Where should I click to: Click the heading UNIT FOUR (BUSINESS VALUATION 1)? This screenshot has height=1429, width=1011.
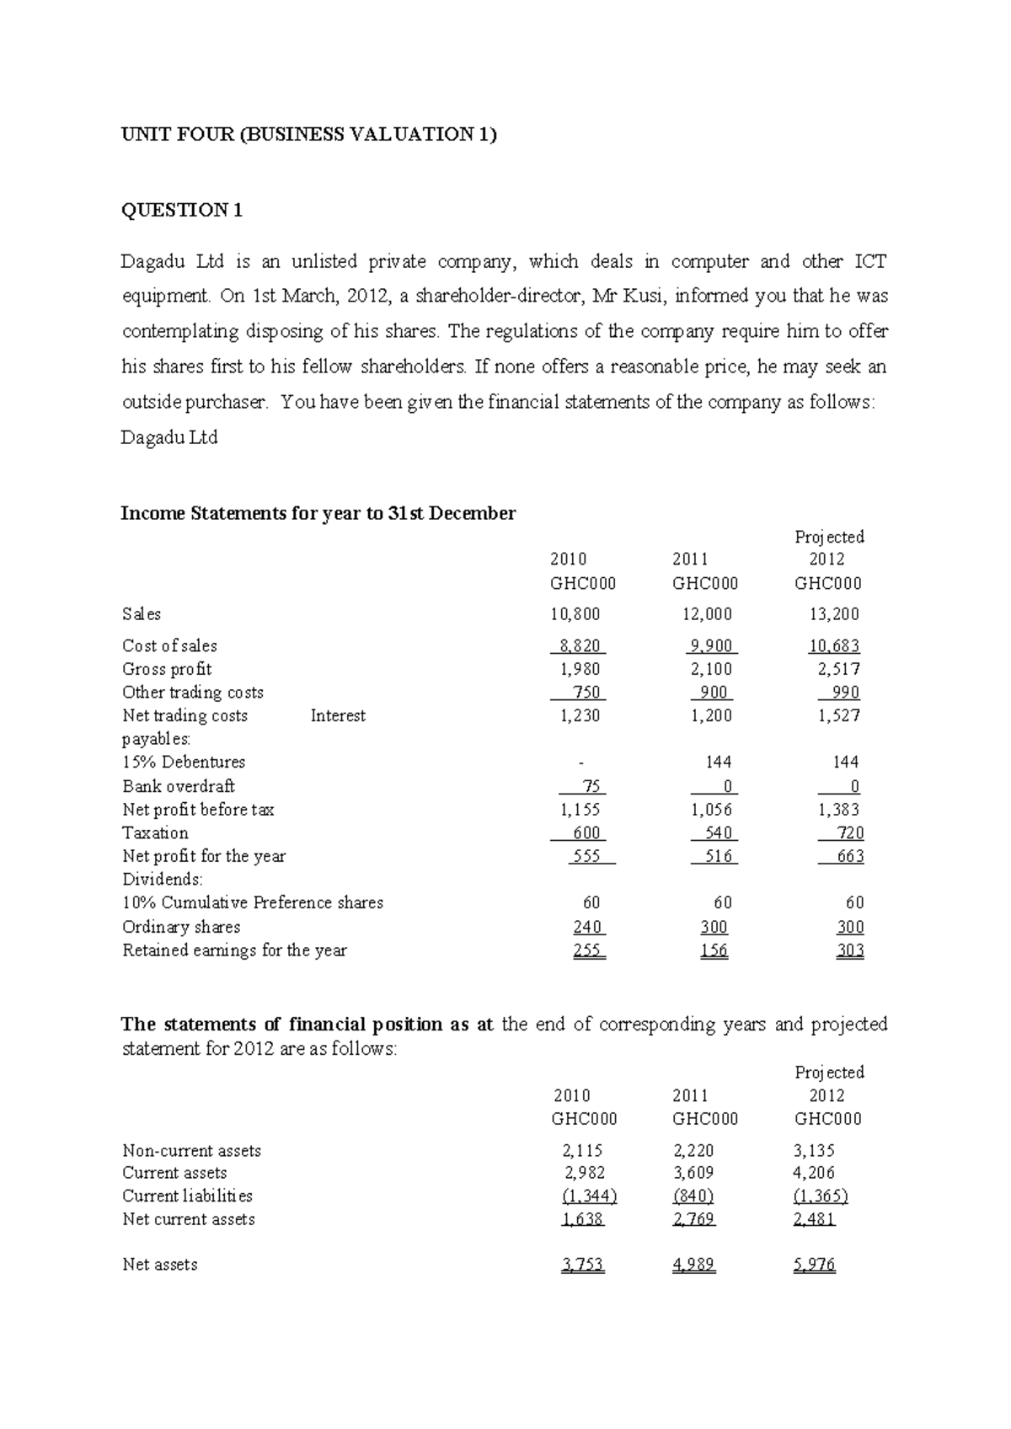click(309, 135)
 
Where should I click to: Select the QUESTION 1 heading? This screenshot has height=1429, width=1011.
click(182, 211)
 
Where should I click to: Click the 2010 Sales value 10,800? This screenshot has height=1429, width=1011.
click(575, 614)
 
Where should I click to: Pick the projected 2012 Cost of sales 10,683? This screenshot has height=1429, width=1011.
click(834, 646)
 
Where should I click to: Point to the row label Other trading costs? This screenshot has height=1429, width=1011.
click(193, 693)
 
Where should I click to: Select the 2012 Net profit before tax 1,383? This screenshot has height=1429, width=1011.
click(838, 810)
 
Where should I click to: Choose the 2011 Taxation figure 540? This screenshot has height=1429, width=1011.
click(715, 833)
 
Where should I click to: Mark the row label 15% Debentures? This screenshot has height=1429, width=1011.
click(184, 763)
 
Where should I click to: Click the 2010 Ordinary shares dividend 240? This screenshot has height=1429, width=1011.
click(586, 927)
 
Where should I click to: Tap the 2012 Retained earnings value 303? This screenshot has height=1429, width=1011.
click(850, 950)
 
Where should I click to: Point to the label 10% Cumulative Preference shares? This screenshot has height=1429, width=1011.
click(253, 903)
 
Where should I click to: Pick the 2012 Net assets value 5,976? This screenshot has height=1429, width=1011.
click(814, 1265)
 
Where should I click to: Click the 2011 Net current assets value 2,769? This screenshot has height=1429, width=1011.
click(693, 1219)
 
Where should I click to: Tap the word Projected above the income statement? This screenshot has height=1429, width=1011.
click(830, 537)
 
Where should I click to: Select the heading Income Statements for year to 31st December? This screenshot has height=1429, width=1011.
click(318, 513)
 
